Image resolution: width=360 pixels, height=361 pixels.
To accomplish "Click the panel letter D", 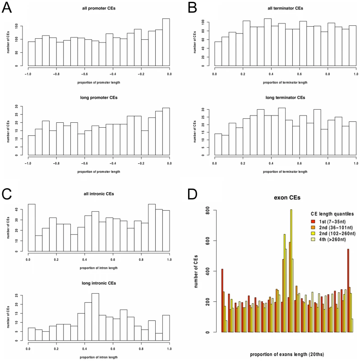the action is pos(193,194).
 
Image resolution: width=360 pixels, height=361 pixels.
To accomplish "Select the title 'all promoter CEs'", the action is pos(99,8).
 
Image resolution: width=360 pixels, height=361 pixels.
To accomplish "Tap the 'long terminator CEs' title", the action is pos(285,97).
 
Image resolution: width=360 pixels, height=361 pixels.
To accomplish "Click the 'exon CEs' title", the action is pos(287,198).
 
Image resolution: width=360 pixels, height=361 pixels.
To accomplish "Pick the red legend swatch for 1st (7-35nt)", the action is pos(313,222).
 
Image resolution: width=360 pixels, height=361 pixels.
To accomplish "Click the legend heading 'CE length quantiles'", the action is pos(332,214).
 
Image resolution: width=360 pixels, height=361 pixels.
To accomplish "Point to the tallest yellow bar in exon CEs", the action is pos(291,271).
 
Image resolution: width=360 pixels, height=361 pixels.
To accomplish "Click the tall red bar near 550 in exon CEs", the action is pos(348,291).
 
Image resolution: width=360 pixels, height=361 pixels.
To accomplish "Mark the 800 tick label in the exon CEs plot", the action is pos(208,210).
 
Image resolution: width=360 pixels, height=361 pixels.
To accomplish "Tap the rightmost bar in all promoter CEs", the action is pos(166,42).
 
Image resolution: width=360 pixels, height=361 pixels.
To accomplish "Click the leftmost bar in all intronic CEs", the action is pos(32,228).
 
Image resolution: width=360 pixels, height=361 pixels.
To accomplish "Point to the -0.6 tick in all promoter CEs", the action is pos(84,74).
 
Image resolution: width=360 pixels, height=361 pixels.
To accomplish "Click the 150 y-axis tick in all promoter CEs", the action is pos(16,26).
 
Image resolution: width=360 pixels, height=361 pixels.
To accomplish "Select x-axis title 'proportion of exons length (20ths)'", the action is pos(287,354).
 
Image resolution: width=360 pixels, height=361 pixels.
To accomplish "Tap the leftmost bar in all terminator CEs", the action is pos(218,54).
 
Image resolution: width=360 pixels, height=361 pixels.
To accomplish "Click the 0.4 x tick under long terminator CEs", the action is pos(271,163).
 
